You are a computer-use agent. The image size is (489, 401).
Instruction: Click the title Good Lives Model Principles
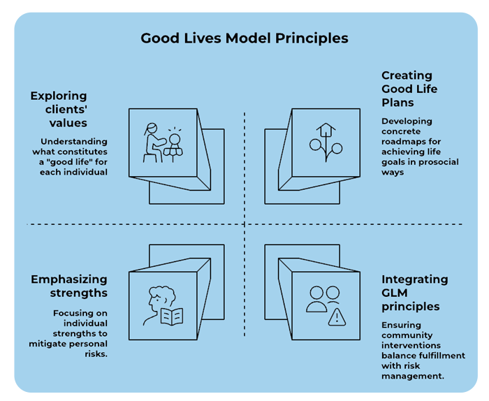(245, 38)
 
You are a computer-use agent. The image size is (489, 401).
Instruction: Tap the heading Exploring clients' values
(59, 109)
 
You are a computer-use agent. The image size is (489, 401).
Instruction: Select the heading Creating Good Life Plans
(409, 89)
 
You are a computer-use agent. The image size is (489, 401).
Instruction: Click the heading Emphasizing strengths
(69, 286)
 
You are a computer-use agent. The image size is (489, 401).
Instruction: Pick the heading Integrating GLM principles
(415, 293)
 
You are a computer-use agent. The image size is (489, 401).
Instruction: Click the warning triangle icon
(337, 317)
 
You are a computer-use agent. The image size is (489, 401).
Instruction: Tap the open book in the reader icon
(172, 316)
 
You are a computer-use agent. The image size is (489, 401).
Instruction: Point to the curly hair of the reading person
(162, 294)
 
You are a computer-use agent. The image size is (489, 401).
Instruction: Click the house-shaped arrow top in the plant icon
(326, 129)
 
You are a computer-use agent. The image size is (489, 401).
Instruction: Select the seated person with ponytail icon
(154, 143)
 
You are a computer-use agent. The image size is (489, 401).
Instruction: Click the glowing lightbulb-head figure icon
(173, 145)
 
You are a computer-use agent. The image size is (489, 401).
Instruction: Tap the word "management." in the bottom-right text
(413, 376)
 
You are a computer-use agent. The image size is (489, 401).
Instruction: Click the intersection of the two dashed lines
(245, 224)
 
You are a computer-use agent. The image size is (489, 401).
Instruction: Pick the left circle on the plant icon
(315, 145)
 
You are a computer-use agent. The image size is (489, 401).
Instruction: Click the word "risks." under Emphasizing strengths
(96, 354)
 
